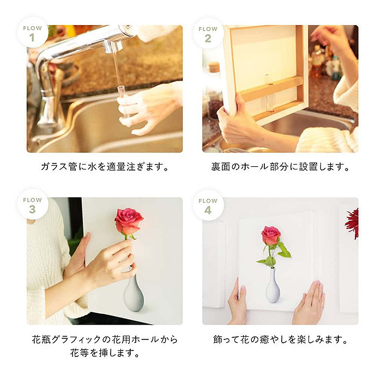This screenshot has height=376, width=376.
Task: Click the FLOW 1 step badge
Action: click(32, 33)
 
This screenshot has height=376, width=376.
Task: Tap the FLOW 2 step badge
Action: click(208, 33)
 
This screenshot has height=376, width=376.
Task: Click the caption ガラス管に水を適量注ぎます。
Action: click(105, 167)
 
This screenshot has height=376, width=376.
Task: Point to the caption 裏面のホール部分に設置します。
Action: click(280, 167)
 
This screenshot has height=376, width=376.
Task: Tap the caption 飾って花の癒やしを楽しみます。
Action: click(280, 339)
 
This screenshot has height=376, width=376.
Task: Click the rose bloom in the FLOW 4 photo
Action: click(271, 235)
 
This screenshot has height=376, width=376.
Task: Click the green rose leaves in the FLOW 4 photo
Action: click(283, 251)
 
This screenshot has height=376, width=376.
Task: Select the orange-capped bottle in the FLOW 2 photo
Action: click(317, 62)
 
